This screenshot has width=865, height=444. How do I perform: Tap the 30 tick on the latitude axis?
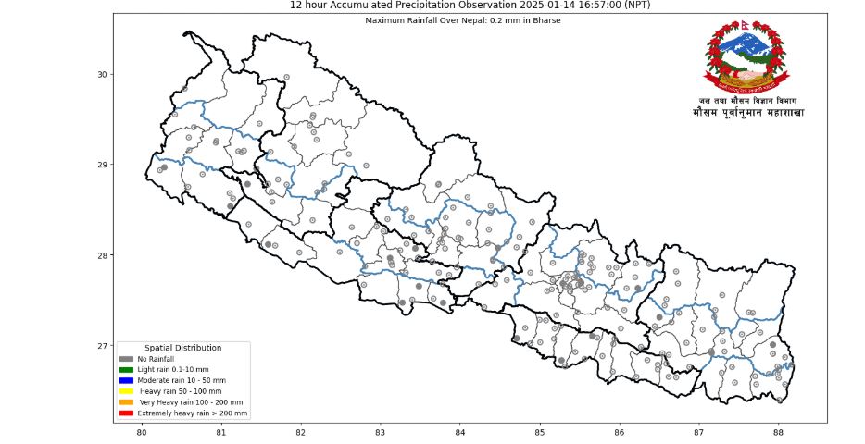103,74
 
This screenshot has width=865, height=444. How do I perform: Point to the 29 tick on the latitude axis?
103,165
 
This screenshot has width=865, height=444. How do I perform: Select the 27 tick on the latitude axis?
103,346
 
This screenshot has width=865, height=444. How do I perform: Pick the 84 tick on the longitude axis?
460,432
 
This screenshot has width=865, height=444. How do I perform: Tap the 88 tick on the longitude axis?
778,432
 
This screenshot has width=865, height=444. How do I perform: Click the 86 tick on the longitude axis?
619,432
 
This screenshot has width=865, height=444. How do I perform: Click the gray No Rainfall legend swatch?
126,359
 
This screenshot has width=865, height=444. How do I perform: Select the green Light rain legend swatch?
126,370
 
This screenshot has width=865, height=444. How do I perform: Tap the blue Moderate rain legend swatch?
126,380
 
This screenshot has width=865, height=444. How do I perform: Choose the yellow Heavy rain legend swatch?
126,391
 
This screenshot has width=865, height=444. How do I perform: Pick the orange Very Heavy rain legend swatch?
126,402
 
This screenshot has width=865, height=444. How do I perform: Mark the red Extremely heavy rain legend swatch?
126,413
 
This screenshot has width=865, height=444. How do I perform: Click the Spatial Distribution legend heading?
183,347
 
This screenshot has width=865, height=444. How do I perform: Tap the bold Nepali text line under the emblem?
748,112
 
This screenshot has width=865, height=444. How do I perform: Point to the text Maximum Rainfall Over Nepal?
417,19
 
